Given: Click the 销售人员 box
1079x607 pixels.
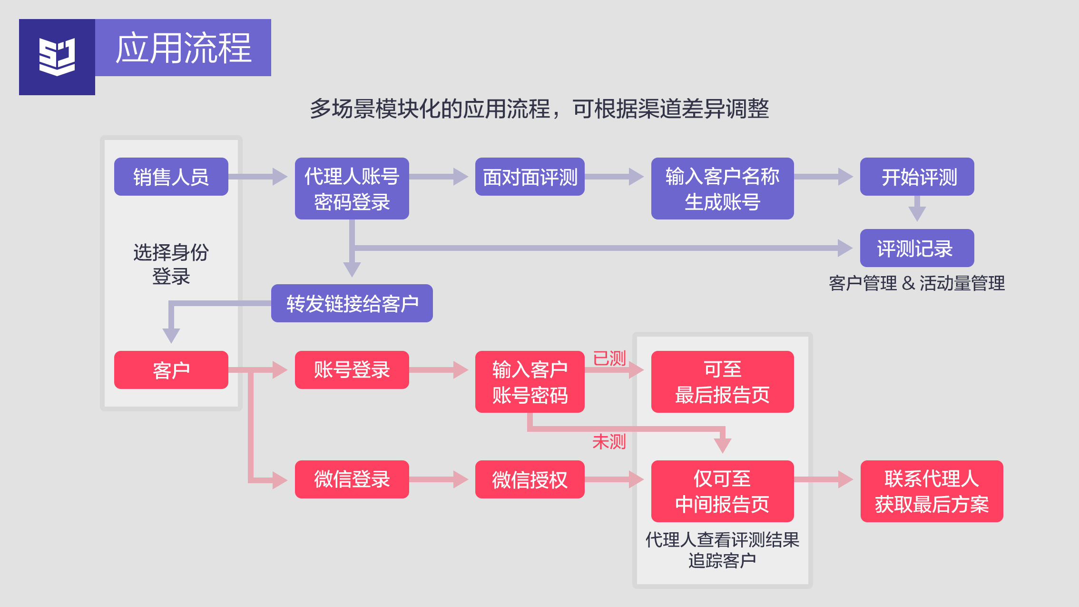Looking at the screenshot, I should [171, 177].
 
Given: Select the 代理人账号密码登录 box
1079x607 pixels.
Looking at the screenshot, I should [352, 189].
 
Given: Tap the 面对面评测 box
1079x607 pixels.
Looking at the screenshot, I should [530, 177].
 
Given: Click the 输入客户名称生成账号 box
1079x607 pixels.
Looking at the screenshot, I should [722, 189].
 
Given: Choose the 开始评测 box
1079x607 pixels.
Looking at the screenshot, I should [917, 177].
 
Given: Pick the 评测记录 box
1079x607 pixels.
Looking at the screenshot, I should [917, 248].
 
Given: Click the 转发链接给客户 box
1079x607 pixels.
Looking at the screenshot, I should [352, 303].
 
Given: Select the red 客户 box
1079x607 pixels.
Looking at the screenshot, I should [171, 370].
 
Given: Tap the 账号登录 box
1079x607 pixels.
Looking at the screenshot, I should [352, 370].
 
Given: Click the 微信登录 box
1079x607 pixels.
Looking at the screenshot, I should [352, 479].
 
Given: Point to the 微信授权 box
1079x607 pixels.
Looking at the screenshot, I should [530, 479].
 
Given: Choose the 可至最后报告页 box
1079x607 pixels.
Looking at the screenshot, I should [722, 382].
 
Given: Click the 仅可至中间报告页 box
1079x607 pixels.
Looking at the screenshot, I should [722, 491].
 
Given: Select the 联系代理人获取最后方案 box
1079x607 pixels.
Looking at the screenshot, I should [932, 491].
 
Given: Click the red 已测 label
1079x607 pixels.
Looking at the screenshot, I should [609, 358].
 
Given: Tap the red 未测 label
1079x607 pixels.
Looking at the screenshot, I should [609, 442].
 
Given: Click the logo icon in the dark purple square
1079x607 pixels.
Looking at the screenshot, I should [57, 57].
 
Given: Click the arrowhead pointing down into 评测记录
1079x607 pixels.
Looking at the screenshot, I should [917, 213].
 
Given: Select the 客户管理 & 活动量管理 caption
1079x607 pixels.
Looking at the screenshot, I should [917, 283].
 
